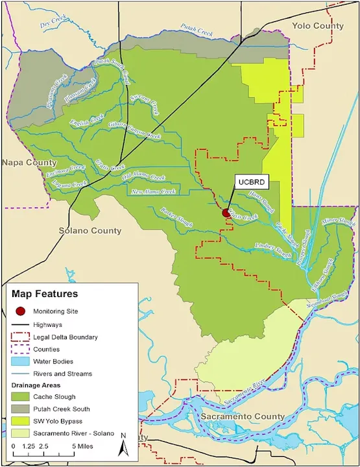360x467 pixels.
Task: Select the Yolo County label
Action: point(318,25)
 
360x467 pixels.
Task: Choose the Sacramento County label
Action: point(241,416)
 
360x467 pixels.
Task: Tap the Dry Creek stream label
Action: point(54,25)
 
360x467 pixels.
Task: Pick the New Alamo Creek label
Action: point(154,191)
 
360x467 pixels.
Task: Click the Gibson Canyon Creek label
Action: point(134,130)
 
